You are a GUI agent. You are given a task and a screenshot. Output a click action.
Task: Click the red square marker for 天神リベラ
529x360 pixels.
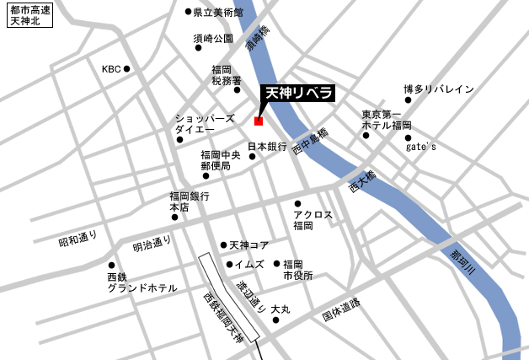tap(259, 121)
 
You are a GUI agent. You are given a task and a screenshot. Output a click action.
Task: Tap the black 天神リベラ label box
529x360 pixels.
tap(300, 93)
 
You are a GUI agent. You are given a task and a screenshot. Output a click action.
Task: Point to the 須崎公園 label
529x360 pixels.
tap(212, 39)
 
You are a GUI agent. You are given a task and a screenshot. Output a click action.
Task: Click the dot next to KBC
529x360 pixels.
tap(127, 69)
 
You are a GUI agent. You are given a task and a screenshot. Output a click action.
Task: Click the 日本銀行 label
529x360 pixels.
tap(267, 146)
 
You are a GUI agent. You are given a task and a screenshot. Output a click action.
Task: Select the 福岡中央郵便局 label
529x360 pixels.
tap(221, 160)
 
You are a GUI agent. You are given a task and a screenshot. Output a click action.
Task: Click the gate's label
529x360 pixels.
tap(421, 146)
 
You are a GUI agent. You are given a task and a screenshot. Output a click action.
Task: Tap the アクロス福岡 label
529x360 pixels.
tap(313, 220)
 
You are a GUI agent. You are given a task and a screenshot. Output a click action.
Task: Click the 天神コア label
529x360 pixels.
tap(248, 245)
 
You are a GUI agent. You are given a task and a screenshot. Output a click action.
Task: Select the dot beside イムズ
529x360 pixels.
tap(227, 264)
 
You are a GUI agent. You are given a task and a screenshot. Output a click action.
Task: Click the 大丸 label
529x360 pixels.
tap(281, 310)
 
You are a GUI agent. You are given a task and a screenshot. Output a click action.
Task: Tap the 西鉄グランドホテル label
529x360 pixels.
tap(142, 282)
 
